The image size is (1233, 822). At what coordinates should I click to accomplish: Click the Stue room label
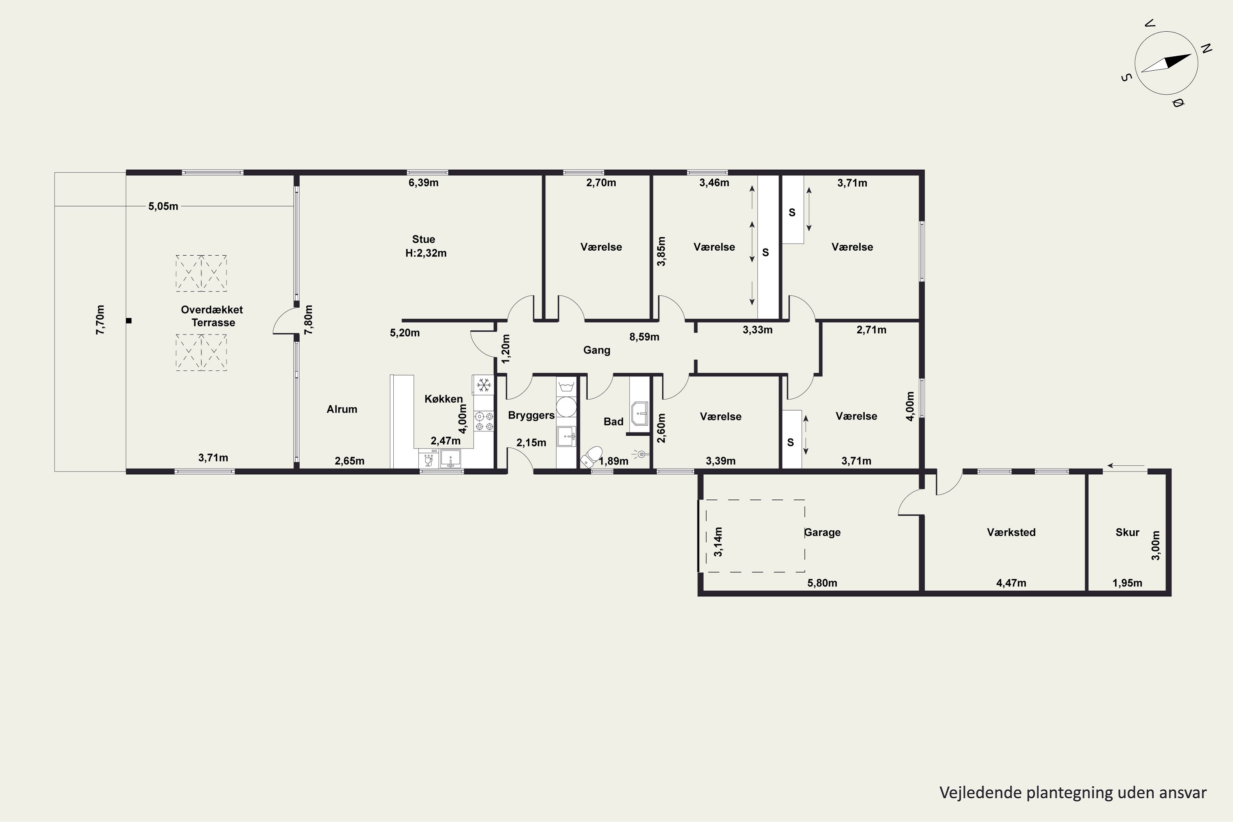pos(424,239)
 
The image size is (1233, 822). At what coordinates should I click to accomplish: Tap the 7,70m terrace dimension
pos(100,320)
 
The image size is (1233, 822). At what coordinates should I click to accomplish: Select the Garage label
pos(822,532)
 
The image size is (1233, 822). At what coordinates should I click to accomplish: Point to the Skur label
pos(1127,532)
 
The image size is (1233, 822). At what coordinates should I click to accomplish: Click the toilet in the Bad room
pos(591,457)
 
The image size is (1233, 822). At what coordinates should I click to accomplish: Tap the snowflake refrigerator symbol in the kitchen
pos(483,385)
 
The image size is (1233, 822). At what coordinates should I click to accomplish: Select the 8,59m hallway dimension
pos(644,337)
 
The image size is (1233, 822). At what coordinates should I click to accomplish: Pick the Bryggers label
pos(531,415)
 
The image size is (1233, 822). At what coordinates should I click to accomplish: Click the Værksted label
pos(1011,532)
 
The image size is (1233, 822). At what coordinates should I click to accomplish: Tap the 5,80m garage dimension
pos(822,583)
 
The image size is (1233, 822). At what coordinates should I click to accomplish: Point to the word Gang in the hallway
pos(597,350)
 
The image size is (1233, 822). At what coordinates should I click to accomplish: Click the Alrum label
pos(342,409)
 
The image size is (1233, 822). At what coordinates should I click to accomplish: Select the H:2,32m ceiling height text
pos(426,253)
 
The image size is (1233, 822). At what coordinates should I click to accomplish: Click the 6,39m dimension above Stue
pos(424,183)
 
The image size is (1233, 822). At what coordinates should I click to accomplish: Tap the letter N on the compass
pos(1206,49)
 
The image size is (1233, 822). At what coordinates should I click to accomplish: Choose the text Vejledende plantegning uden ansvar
pos(1073,793)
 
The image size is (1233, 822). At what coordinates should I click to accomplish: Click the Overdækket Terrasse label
pos(212,316)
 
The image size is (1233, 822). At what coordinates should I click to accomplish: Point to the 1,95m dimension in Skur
pos(1127,583)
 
